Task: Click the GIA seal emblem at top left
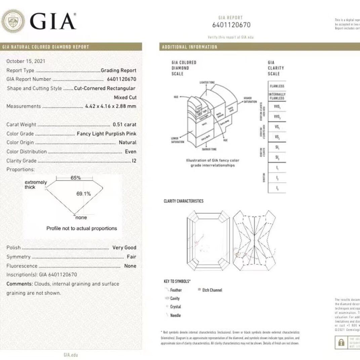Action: pos(13,21)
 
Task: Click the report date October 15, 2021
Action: pos(26,61)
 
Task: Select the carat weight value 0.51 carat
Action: pos(124,124)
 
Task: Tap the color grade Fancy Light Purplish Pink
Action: pos(107,133)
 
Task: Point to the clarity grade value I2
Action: pos(134,161)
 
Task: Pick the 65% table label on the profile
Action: pos(76,178)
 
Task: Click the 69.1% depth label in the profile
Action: pos(84,194)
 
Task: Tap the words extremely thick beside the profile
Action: pos(35,185)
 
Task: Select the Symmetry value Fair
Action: pos(131,256)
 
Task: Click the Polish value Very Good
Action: pos(124,247)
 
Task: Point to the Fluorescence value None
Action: pos(130,266)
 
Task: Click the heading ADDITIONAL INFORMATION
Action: pos(190,47)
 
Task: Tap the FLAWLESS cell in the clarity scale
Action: pos(277,86)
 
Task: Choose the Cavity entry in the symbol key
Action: pos(175,298)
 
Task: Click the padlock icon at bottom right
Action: pos(341,342)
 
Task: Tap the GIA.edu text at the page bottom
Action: pos(71,355)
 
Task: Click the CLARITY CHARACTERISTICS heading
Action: pos(184,201)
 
